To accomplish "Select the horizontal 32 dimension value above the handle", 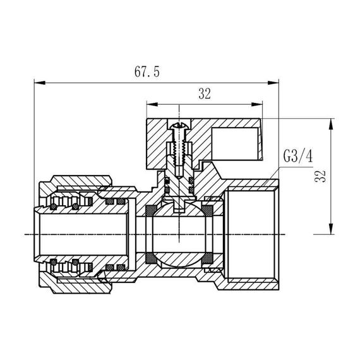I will coord(204,94).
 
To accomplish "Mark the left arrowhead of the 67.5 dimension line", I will coord(37,82).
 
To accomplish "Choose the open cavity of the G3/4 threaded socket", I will coord(249,235).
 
